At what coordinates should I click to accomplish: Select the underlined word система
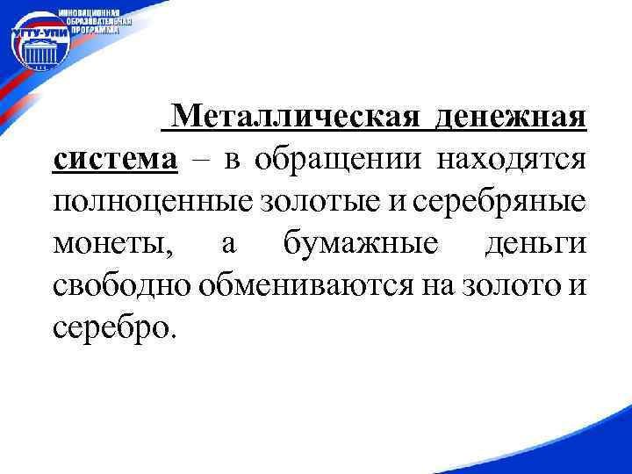click(114, 159)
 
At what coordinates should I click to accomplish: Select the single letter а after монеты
click(228, 243)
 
